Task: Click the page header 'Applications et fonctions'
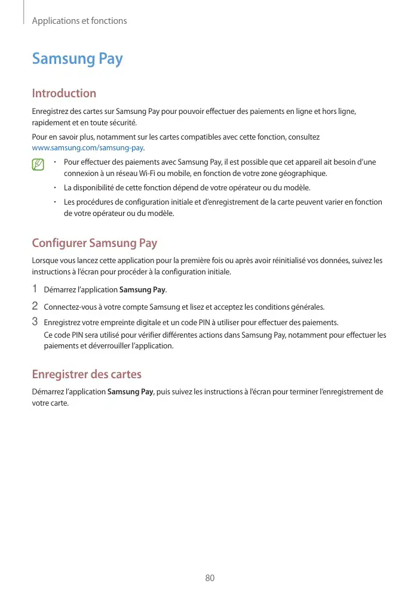pyautogui.click(x=79, y=21)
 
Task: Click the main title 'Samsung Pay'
pyautogui.click(x=77, y=59)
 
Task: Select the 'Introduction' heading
pyautogui.click(x=64, y=93)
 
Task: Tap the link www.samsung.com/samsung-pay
pyautogui.click(x=88, y=147)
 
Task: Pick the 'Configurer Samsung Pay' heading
pyautogui.click(x=94, y=243)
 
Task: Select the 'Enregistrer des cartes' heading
pyautogui.click(x=87, y=375)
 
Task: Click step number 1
pyautogui.click(x=35, y=289)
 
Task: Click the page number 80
pyautogui.click(x=210, y=578)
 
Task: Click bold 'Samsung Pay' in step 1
pyautogui.click(x=143, y=290)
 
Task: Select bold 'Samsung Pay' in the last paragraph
pyautogui.click(x=130, y=392)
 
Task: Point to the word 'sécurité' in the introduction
pyautogui.click(x=122, y=123)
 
